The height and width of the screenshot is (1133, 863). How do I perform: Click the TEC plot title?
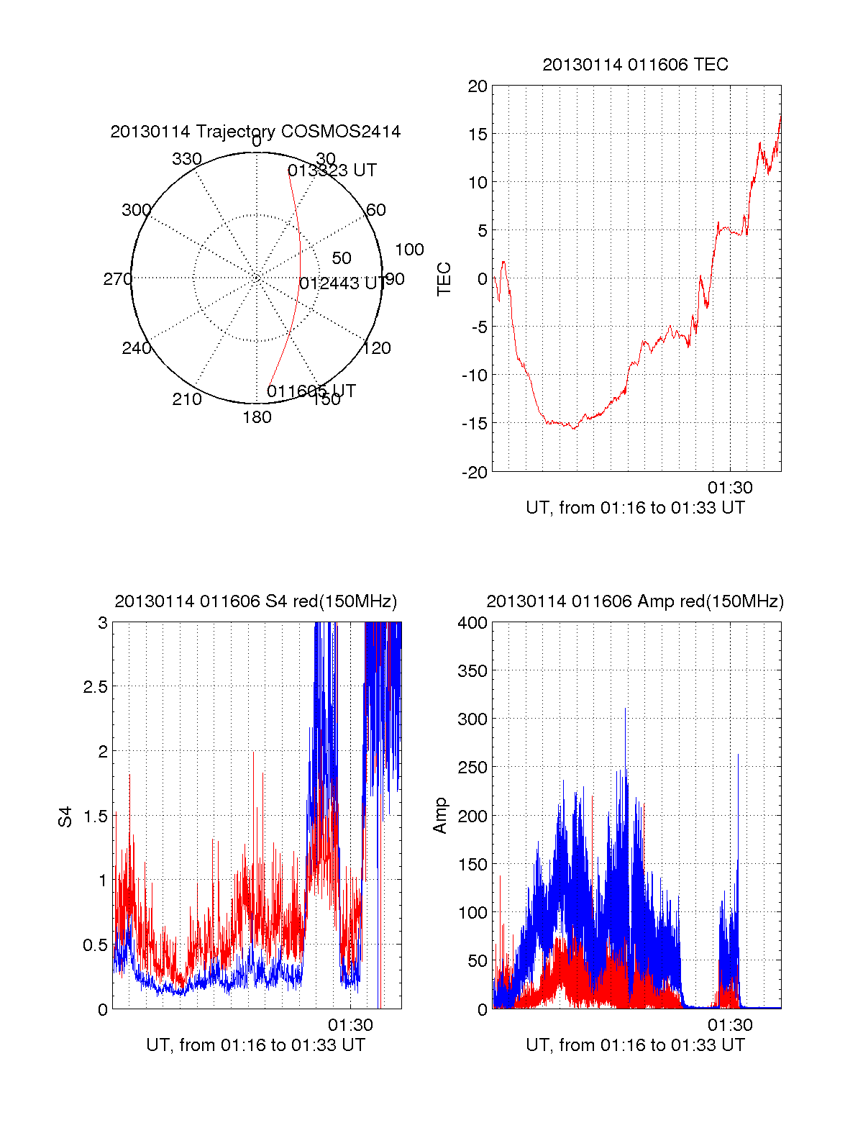click(635, 65)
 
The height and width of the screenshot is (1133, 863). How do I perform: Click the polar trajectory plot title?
click(255, 132)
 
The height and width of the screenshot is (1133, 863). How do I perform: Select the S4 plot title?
click(255, 601)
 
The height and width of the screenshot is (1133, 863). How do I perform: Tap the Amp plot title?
click(635, 601)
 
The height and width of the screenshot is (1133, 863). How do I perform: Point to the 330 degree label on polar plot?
click(187, 159)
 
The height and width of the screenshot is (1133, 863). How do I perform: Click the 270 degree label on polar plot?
click(117, 279)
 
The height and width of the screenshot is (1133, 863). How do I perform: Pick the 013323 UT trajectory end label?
click(332, 170)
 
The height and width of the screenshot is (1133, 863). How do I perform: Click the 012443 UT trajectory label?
click(342, 283)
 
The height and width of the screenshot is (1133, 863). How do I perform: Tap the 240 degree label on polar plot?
click(136, 349)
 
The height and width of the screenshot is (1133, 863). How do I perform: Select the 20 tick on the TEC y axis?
click(478, 87)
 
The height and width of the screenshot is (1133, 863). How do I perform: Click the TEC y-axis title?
click(444, 279)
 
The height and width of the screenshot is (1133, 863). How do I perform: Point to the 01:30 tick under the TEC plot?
click(730, 488)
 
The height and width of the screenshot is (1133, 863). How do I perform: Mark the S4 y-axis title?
click(65, 816)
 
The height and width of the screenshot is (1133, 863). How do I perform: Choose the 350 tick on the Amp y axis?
click(472, 671)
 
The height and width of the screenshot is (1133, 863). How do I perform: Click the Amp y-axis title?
click(440, 816)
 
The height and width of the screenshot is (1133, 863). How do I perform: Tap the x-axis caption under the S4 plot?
click(255, 1045)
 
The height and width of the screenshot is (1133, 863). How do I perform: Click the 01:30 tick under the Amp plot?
click(730, 1025)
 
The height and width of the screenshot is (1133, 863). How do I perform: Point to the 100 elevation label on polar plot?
click(409, 250)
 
